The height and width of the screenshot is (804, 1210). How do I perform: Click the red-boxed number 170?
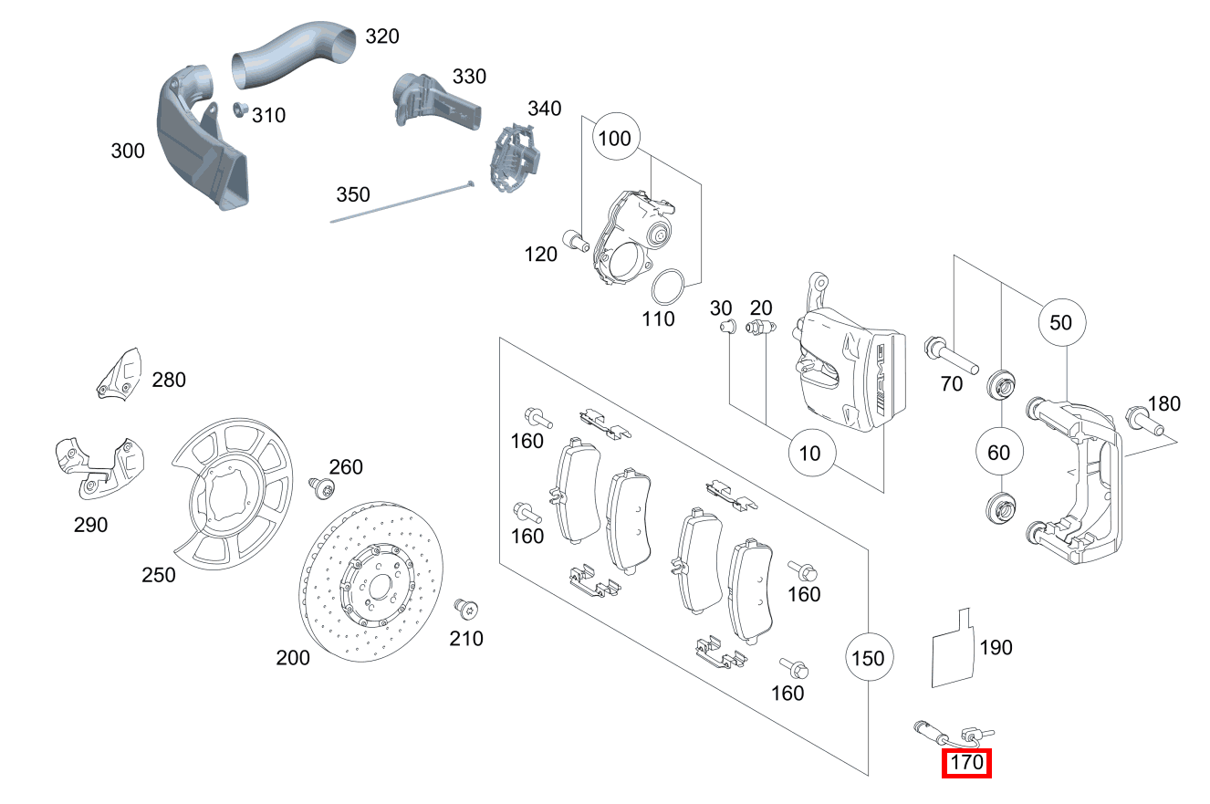[966, 761]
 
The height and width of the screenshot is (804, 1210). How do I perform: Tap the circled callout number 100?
[616, 139]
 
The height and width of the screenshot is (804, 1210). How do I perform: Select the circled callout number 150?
[868, 657]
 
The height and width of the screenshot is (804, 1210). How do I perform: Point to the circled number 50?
[1061, 322]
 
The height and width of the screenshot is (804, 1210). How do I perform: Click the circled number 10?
[809, 452]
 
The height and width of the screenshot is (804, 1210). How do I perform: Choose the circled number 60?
[999, 452]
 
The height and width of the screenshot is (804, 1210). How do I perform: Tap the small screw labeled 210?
[466, 609]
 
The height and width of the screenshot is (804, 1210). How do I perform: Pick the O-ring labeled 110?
[671, 288]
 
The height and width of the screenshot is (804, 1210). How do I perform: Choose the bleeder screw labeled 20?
[758, 329]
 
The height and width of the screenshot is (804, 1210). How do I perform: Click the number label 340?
[544, 110]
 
